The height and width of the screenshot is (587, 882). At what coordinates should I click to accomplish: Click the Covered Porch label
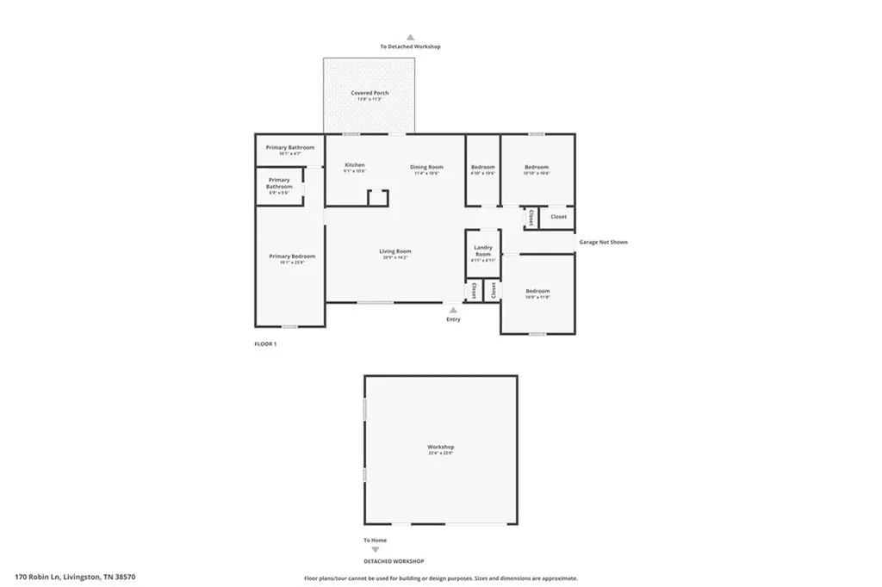(x=370, y=94)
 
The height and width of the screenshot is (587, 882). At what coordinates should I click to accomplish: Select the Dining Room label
(x=426, y=168)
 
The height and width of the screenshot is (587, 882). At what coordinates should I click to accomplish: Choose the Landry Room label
(x=482, y=251)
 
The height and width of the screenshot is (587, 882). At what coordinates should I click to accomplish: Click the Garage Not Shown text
(x=603, y=243)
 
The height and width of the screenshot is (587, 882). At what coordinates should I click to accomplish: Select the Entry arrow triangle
(x=453, y=309)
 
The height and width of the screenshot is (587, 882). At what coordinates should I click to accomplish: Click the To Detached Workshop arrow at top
(x=411, y=38)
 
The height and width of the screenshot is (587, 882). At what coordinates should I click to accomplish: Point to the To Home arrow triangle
(x=375, y=549)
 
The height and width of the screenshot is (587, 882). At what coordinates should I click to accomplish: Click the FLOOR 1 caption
(x=264, y=343)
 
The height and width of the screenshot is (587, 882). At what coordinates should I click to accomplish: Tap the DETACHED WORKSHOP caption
(x=393, y=561)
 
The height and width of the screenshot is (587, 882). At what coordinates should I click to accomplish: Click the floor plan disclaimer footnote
(x=440, y=578)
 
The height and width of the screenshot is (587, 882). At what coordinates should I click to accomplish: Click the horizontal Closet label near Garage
(x=558, y=217)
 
